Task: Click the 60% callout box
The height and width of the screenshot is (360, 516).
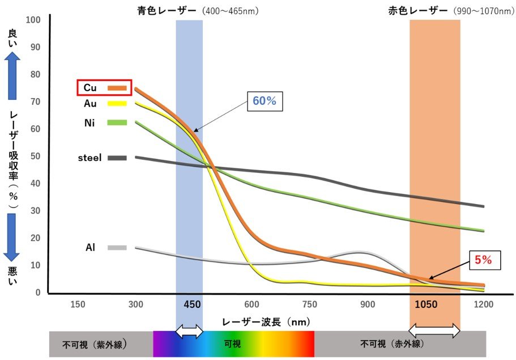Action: click(x=264, y=101)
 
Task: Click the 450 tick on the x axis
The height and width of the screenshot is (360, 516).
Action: click(x=193, y=305)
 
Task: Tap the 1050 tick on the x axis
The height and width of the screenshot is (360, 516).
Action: click(x=426, y=305)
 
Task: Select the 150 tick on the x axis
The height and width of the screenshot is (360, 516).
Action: click(x=78, y=305)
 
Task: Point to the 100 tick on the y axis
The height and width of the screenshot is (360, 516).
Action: click(x=34, y=20)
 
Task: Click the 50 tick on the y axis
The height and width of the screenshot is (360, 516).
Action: click(x=36, y=156)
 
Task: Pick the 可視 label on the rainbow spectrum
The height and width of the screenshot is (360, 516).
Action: click(x=233, y=344)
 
